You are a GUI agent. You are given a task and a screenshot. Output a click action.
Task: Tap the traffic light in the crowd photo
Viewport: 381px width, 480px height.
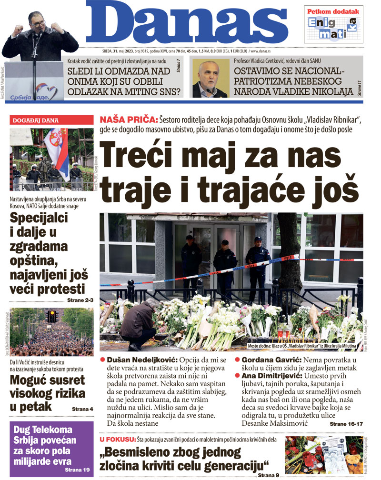click(x=52, y=315)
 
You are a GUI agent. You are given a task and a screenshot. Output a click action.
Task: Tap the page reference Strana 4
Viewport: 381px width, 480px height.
click(x=82, y=409)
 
